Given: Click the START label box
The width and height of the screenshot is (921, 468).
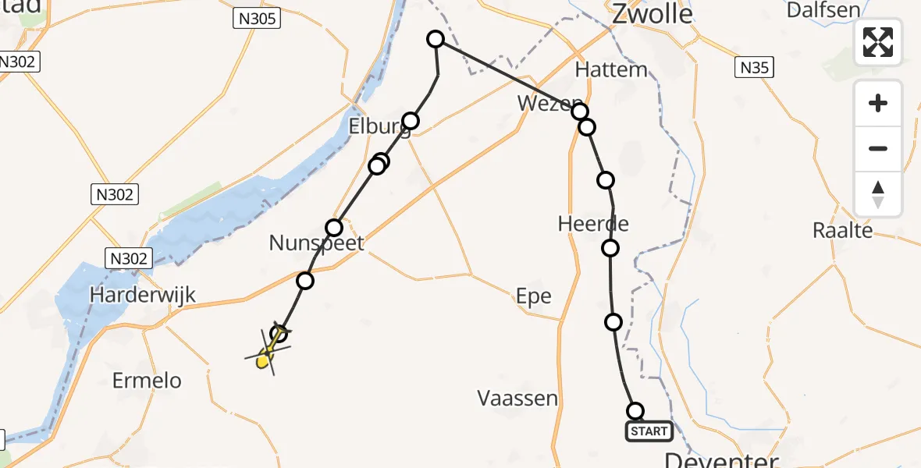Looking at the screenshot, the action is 649,431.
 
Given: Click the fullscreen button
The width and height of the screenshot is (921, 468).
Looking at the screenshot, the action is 878,42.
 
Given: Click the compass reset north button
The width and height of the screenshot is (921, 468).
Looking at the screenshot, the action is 878,194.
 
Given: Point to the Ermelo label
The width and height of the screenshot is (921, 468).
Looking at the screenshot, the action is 147,381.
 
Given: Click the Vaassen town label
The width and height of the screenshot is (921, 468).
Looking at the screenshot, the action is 517,399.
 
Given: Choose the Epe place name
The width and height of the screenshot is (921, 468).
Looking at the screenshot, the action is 534,296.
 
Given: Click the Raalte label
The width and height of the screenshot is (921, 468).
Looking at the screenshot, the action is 842,230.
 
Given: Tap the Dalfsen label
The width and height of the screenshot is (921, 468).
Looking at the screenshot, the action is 823,10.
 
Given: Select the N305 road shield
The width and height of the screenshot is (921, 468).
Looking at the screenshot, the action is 256,19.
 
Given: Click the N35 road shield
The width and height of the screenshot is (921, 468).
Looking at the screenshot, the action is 755,68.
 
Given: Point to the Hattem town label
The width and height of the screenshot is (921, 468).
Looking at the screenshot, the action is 611,69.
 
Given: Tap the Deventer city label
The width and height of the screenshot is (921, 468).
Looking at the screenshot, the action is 722,459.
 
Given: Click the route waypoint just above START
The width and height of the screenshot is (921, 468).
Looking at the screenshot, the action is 635,411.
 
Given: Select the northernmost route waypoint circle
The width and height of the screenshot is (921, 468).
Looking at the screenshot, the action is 436,39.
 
